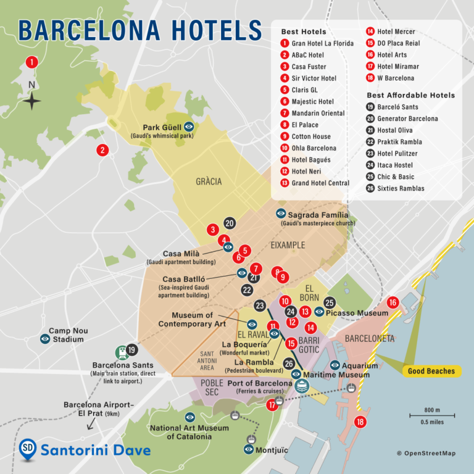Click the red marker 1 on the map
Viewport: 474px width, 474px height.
[x=31, y=62]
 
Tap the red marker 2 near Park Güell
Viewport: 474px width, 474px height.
[x=102, y=149]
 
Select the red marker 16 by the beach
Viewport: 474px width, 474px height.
[x=393, y=302]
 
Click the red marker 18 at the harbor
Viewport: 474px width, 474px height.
[x=360, y=422]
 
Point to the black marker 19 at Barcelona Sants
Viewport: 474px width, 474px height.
[x=131, y=349]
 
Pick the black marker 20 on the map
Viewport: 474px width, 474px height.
[x=230, y=223]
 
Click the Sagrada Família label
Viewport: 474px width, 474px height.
[x=314, y=215]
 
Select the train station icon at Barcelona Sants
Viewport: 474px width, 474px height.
[x=122, y=352]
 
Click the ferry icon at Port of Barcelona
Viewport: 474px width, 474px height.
[x=301, y=386]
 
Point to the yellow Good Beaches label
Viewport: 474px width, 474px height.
[x=431, y=371]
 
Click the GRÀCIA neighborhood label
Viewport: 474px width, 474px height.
[x=209, y=181]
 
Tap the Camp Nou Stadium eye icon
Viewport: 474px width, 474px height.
[x=45, y=339]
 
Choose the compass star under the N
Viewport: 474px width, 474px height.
[x=32, y=101]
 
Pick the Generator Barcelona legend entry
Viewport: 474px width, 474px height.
[x=407, y=118]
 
